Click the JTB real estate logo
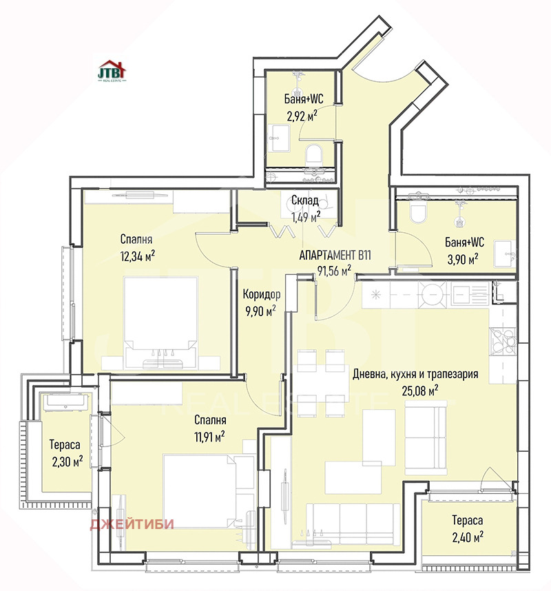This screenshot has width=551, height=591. point(112,70)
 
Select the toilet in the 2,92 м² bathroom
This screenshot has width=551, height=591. point(313,154)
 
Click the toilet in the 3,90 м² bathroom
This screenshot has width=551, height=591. point(418,213)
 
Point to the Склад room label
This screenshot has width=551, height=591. point(305,200)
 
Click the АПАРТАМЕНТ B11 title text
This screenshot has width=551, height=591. point(335,255)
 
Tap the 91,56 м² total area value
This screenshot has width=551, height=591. point(334,271)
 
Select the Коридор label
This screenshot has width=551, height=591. point(262,294)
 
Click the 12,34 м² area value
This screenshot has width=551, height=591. point(138,257)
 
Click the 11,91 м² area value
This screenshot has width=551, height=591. point(209,437)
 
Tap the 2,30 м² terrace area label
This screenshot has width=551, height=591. point(67,462)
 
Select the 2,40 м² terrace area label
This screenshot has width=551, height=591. point(468,537)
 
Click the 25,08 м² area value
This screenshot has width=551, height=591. point(420,391)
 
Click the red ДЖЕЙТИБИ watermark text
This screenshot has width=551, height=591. point(132,524)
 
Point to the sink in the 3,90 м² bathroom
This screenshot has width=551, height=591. point(505,254)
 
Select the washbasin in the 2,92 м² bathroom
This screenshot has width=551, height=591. point(280,138)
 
